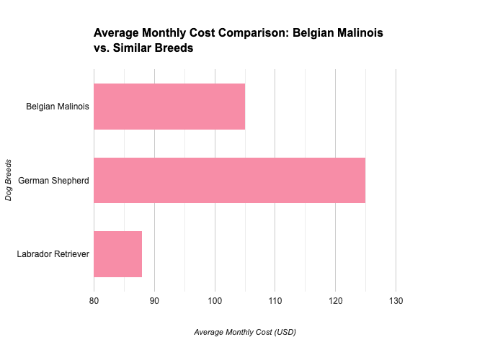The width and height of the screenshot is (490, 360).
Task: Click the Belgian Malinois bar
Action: click(x=169, y=107)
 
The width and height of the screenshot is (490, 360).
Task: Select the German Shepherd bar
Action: click(x=229, y=180)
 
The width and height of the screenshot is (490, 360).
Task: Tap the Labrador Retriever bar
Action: click(x=117, y=254)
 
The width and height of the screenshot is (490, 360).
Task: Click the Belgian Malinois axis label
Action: click(x=58, y=107)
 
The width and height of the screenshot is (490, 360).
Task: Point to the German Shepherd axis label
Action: click(x=54, y=180)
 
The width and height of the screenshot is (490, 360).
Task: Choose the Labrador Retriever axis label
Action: click(x=53, y=254)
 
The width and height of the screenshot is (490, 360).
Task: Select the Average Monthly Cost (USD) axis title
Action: click(x=245, y=333)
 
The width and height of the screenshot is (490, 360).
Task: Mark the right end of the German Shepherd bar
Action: click(x=365, y=180)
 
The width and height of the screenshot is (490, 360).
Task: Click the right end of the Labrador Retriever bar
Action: click(x=141, y=254)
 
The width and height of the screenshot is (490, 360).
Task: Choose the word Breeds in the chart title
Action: click(x=177, y=49)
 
